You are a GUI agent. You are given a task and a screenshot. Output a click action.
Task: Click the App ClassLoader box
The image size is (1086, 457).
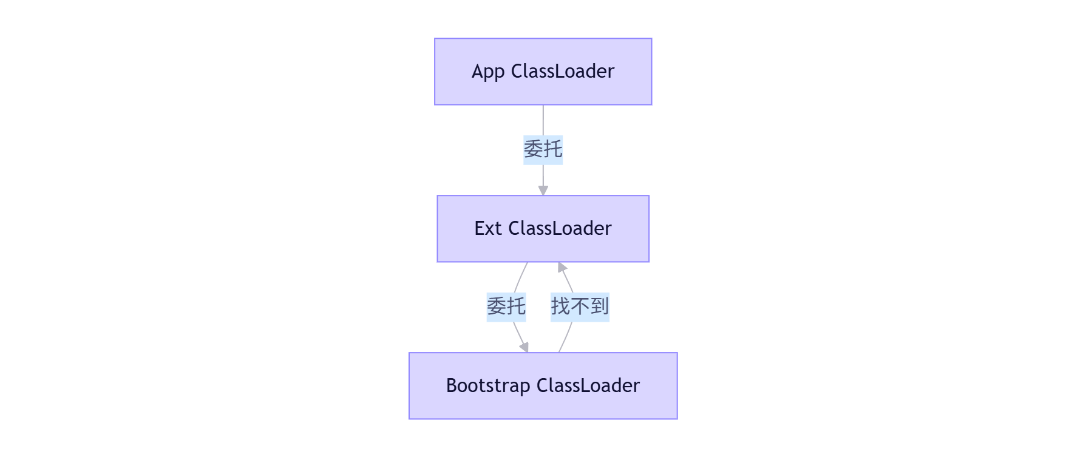pyautogui.click(x=543, y=72)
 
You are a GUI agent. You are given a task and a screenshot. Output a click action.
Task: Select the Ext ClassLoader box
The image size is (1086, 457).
pyautogui.click(x=543, y=229)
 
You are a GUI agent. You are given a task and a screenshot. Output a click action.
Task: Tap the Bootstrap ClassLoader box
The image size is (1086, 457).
pyautogui.click(x=543, y=386)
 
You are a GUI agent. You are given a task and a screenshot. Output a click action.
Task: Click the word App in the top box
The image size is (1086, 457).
pyautogui.click(x=488, y=72)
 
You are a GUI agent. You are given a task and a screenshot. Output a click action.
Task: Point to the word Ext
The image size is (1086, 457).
pyautogui.click(x=487, y=229)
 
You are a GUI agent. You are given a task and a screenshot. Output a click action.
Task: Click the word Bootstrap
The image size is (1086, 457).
pyautogui.click(x=487, y=386)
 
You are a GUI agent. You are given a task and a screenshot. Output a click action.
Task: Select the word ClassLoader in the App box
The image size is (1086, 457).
pyautogui.click(x=563, y=72)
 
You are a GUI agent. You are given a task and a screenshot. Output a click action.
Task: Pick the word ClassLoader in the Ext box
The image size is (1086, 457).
pyautogui.click(x=560, y=229)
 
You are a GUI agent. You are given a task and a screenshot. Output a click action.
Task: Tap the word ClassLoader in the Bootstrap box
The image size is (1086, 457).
pyautogui.click(x=588, y=386)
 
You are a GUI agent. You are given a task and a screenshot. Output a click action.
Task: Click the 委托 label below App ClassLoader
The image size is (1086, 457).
pyautogui.click(x=543, y=149)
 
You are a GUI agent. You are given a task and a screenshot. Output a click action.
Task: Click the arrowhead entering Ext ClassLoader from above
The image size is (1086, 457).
pyautogui.click(x=543, y=191)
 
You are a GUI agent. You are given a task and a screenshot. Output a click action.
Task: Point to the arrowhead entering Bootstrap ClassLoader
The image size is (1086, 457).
pyautogui.click(x=524, y=347)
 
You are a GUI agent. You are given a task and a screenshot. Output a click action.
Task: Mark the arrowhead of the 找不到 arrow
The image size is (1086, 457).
pyautogui.click(x=562, y=267)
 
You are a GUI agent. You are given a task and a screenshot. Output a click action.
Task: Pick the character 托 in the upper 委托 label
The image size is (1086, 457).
pyautogui.click(x=553, y=149)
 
